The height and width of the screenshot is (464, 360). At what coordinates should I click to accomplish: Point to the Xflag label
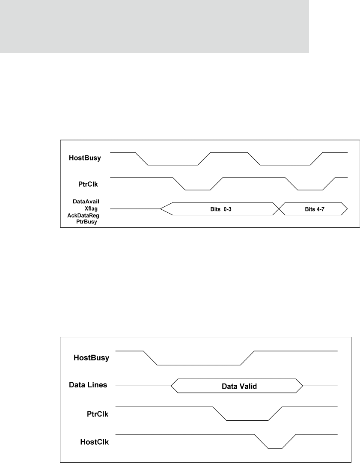point(92,208)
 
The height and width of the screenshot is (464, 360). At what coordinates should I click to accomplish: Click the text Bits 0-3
point(218,209)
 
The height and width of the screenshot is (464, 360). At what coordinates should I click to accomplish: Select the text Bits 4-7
point(312,209)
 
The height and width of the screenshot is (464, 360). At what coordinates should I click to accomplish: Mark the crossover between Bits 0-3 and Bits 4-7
point(279,209)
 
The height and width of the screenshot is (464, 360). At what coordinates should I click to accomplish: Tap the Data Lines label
point(88,385)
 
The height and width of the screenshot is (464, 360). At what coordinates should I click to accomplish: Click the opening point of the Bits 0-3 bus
point(161,209)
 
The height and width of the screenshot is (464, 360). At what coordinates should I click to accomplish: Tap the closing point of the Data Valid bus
point(303,386)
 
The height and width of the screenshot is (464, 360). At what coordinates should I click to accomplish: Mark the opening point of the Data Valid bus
point(171,386)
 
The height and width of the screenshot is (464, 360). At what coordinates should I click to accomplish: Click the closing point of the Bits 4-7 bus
point(347,209)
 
